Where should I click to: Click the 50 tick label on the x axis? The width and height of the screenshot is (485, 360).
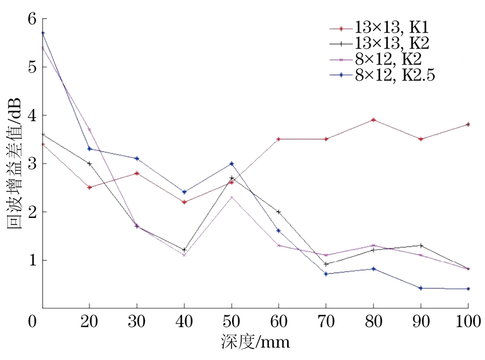click(x=231, y=321)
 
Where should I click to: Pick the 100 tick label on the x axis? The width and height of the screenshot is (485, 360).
click(x=467, y=321)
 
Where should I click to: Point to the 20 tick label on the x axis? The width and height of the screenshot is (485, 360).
click(x=89, y=321)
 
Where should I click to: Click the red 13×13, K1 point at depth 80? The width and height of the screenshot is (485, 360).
click(x=373, y=120)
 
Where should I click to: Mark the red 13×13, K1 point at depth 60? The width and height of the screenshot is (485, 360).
click(x=279, y=139)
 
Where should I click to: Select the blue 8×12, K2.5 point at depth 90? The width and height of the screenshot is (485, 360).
click(x=420, y=288)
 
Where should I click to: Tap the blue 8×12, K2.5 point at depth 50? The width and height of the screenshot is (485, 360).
click(x=231, y=164)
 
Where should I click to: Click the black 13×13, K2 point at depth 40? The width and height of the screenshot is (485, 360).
click(x=184, y=250)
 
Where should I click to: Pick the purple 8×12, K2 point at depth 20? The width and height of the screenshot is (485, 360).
click(x=89, y=130)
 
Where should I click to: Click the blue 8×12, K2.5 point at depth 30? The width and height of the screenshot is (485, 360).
click(x=137, y=159)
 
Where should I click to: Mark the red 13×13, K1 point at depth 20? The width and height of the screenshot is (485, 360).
click(x=89, y=187)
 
